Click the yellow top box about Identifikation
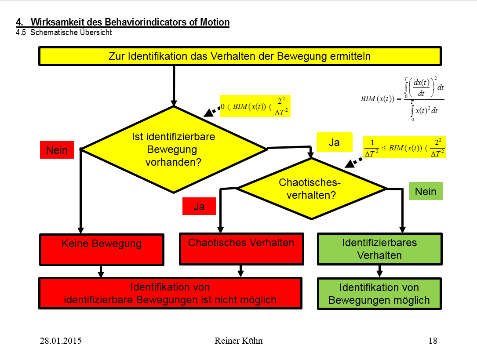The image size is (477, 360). [240, 56]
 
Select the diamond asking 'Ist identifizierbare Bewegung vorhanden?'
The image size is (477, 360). [174, 149]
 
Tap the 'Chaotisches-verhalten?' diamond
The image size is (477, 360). [311, 189]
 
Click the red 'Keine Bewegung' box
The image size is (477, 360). [102, 244]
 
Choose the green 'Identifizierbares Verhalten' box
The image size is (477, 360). [379, 249]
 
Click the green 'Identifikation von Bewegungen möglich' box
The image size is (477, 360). [379, 294]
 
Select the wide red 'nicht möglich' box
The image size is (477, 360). [170, 294]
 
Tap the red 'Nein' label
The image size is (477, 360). [57, 150]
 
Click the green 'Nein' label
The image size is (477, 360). [426, 191]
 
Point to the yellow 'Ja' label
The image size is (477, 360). [334, 142]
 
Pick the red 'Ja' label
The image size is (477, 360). [199, 206]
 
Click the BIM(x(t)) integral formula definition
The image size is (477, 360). [402, 99]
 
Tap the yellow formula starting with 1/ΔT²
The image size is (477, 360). [404, 147]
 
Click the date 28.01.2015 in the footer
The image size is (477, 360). [61, 341]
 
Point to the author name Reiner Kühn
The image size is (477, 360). [238, 341]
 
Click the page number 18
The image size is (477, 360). [433, 341]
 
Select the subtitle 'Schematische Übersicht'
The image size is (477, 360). [71, 33]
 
